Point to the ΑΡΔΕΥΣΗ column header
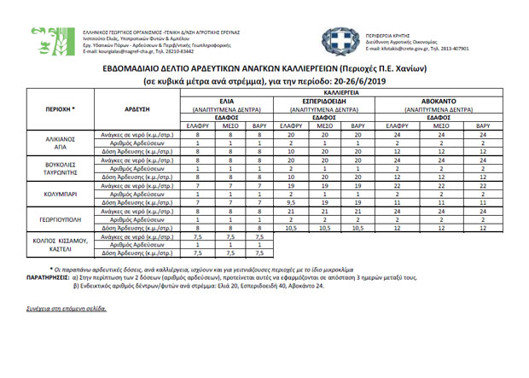point(137,110)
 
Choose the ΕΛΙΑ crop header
point(227,101)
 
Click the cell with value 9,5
point(292,202)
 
